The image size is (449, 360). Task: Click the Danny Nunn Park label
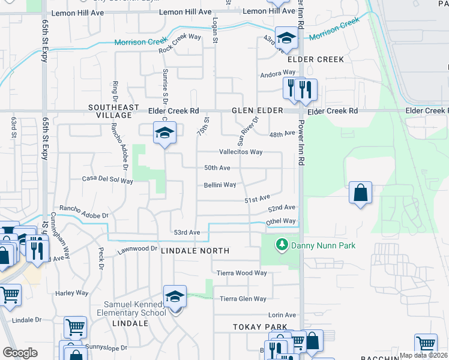323,245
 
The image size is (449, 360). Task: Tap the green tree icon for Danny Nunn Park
281,245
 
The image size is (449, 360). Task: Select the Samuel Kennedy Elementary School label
131,308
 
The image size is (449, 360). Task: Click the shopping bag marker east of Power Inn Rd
360,193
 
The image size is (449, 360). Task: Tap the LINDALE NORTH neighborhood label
195,250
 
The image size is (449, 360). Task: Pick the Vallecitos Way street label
241,152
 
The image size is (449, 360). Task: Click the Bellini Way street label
220,185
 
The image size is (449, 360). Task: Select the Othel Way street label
282,221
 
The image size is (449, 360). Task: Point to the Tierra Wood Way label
242,273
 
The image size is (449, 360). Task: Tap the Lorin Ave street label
282,315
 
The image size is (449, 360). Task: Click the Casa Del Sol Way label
107,179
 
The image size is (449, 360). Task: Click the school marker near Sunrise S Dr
164,133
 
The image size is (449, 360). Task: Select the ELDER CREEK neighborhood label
316,59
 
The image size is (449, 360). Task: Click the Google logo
20,353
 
